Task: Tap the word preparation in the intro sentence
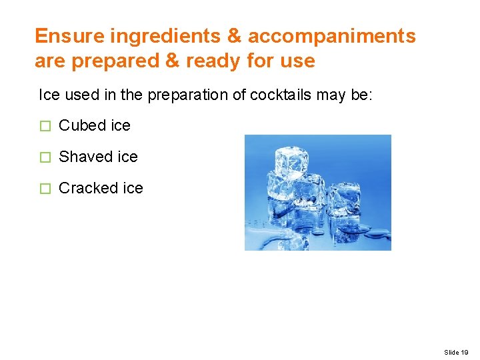pyautogui.click(x=176, y=95)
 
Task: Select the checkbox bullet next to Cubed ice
pyautogui.click(x=45, y=126)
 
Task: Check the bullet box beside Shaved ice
pyautogui.click(x=45, y=157)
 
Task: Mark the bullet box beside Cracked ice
pyautogui.click(x=45, y=189)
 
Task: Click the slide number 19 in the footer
pyautogui.click(x=465, y=351)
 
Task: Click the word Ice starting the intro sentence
pyautogui.click(x=49, y=95)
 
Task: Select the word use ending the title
pyautogui.click(x=298, y=61)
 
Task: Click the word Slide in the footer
pyautogui.click(x=451, y=351)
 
